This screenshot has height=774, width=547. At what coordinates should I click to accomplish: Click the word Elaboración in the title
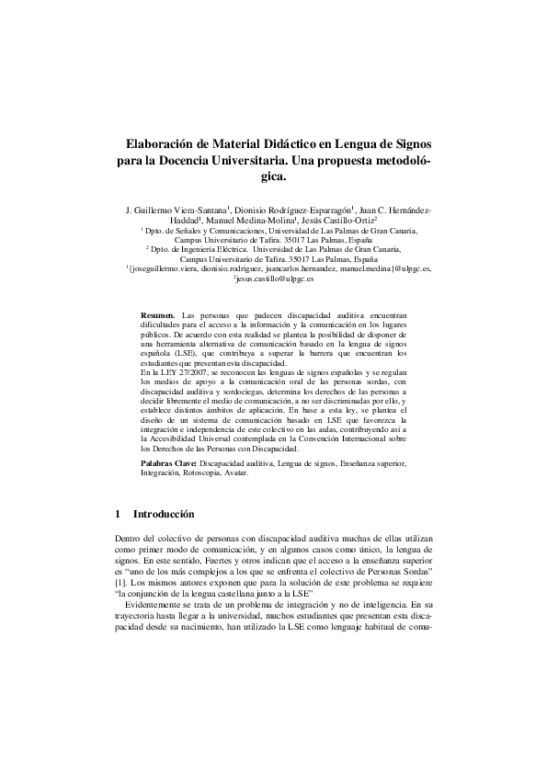(162, 145)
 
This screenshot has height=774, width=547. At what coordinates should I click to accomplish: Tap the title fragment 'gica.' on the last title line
(274, 176)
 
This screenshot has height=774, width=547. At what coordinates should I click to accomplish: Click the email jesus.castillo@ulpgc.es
(275, 277)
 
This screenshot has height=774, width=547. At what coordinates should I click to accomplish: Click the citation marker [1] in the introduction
(120, 582)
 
